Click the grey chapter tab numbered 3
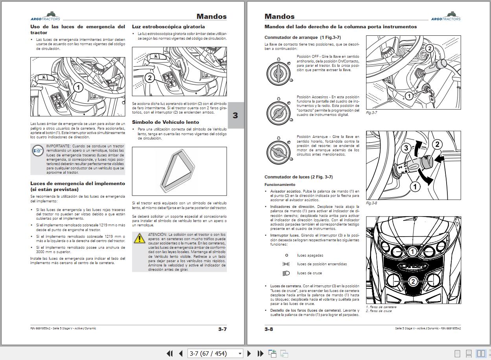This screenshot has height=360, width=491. (235, 115)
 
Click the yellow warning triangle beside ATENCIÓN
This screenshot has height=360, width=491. (139, 238)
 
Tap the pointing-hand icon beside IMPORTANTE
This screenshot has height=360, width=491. (38, 151)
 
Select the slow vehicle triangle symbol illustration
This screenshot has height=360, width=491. (179, 171)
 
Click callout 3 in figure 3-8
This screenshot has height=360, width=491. (406, 148)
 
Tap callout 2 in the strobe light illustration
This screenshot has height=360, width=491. (149, 78)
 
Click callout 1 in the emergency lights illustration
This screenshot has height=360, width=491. (78, 87)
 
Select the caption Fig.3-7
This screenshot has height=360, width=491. (371, 113)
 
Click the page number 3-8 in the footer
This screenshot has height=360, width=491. (268, 329)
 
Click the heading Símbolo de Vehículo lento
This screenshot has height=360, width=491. (166, 122)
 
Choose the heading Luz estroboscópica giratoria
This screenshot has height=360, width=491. (168, 27)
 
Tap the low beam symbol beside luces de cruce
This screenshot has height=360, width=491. (286, 273)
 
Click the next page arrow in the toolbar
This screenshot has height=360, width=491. (249, 353)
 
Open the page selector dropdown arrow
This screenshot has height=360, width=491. (240, 354)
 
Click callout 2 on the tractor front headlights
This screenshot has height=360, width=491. (413, 281)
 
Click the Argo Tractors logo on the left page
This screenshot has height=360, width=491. (46, 17)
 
